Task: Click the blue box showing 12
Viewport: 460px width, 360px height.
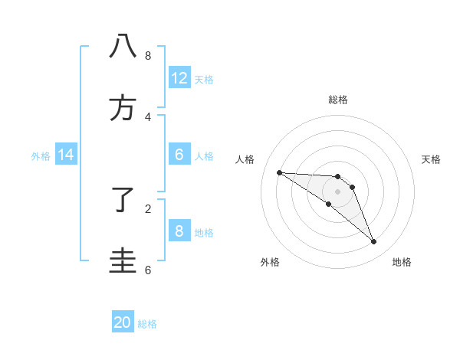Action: [179, 78]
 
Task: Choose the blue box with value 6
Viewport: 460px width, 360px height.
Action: [179, 155]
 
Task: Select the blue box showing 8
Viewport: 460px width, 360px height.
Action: [179, 231]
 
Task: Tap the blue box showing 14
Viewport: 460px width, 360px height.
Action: [66, 155]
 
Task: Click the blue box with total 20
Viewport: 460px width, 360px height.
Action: [123, 322]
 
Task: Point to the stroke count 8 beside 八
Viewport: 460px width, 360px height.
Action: [147, 56]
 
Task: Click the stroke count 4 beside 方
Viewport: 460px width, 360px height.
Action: [147, 117]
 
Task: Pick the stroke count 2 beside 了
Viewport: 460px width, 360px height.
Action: [147, 208]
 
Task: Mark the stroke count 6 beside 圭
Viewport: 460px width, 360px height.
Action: [147, 270]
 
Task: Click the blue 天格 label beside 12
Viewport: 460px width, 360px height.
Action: [204, 79]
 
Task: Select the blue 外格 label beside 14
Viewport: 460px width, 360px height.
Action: [41, 155]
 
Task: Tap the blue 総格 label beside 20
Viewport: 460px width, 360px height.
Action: [147, 323]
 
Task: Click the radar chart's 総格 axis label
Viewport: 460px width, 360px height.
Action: [338, 100]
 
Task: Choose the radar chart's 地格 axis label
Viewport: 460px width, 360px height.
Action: [402, 262]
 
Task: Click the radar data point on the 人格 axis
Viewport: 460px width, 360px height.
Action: [279, 172]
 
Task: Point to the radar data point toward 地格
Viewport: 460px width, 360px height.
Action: [374, 242]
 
